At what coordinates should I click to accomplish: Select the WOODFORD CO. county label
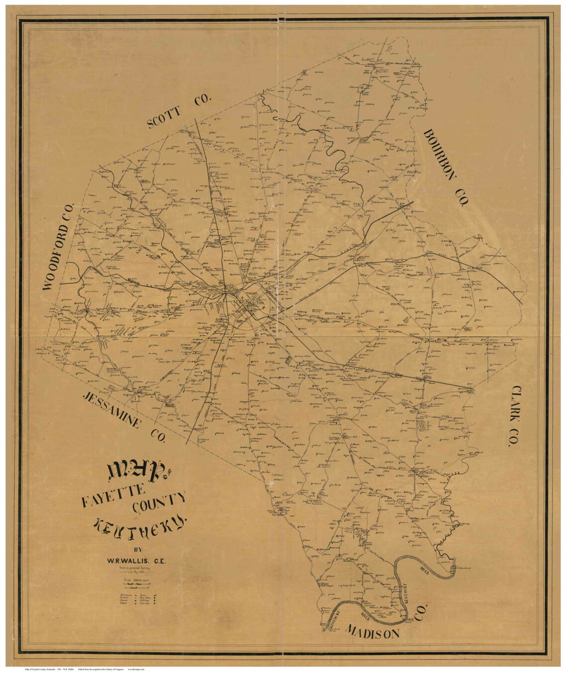coord(59,248)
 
